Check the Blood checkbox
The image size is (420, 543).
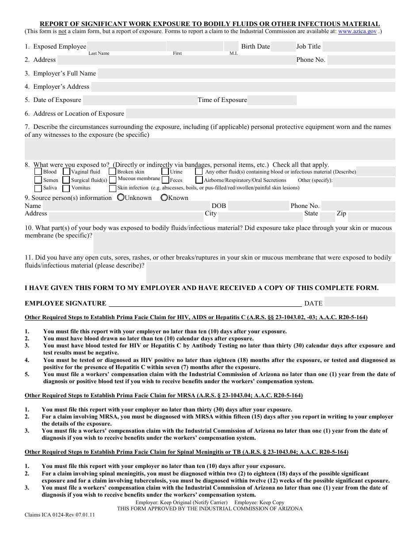click(x=38, y=172)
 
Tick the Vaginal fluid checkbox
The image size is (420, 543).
click(x=66, y=172)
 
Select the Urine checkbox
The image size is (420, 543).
click(x=165, y=172)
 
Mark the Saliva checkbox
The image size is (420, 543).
click(x=38, y=188)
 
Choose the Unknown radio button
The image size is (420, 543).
click(x=121, y=198)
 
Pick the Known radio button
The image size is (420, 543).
click(x=164, y=198)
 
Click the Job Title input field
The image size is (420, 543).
click(x=361, y=47)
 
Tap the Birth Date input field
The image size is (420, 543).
click(x=283, y=47)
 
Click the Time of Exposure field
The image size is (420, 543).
click(x=271, y=100)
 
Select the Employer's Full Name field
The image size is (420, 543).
click(x=246, y=74)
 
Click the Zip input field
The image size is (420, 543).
click(x=371, y=217)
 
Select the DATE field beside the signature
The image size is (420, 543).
click(x=359, y=302)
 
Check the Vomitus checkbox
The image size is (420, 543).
click(x=66, y=188)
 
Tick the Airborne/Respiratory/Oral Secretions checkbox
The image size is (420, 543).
click(x=199, y=180)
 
